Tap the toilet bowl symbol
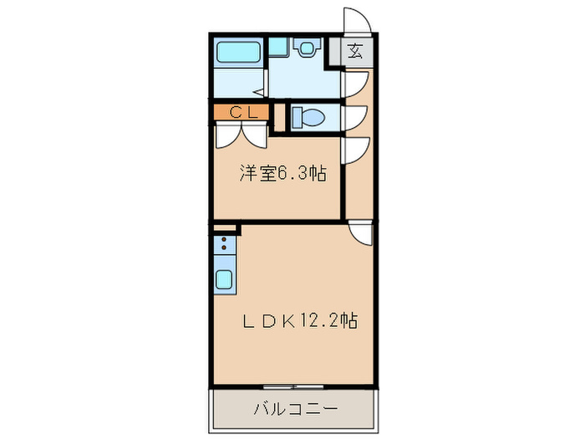pyautogui.click(x=310, y=117)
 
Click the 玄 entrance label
pyautogui.click(x=355, y=52)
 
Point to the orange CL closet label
pyautogui.click(x=240, y=111)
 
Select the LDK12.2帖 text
pyautogui.click(x=300, y=321)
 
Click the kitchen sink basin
pyautogui.click(x=225, y=279)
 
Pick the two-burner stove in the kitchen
pyautogui.click(x=224, y=245)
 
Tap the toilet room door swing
pyautogui.click(x=353, y=117)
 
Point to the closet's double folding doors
pyautogui.click(x=242, y=133)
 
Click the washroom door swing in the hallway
pyautogui.click(x=353, y=84)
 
